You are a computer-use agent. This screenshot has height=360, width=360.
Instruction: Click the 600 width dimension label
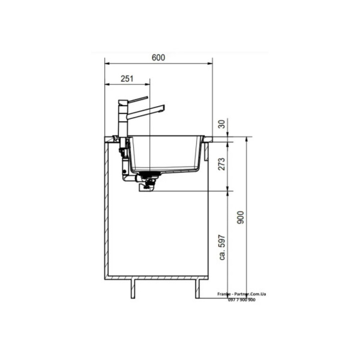pos(158,57)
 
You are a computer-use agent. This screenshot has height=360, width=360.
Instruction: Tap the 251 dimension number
pos(127,79)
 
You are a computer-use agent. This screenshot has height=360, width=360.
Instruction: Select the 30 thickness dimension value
pos(222,124)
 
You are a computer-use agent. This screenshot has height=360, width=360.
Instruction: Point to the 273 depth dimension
pos(222,164)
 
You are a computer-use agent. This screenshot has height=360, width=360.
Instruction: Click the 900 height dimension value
pos(240,217)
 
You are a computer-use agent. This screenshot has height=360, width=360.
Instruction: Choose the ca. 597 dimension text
pos(222,247)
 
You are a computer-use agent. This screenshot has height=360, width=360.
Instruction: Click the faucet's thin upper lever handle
pos(138,99)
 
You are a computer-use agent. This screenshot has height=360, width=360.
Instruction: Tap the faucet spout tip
pos(163,108)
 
